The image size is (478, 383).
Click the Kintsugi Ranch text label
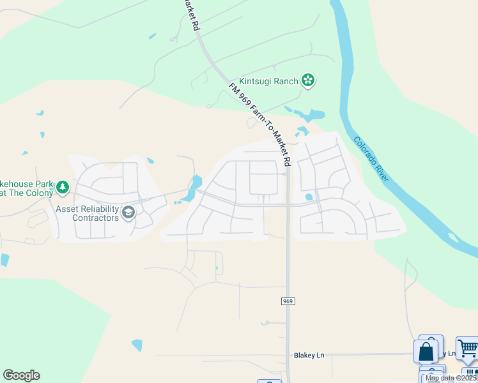268,81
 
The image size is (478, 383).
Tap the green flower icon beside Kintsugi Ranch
309,80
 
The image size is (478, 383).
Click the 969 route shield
288,301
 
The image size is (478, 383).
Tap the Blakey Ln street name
309,355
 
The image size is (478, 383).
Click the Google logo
21,375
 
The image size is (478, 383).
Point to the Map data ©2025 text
451,378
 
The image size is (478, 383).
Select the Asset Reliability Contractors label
88,213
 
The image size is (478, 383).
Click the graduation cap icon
128,213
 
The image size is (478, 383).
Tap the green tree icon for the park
62,187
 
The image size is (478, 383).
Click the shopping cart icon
467,349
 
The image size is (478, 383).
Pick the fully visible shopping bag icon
426,352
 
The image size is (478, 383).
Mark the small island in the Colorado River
453,238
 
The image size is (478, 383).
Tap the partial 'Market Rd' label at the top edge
189,14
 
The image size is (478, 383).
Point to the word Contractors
96,218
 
